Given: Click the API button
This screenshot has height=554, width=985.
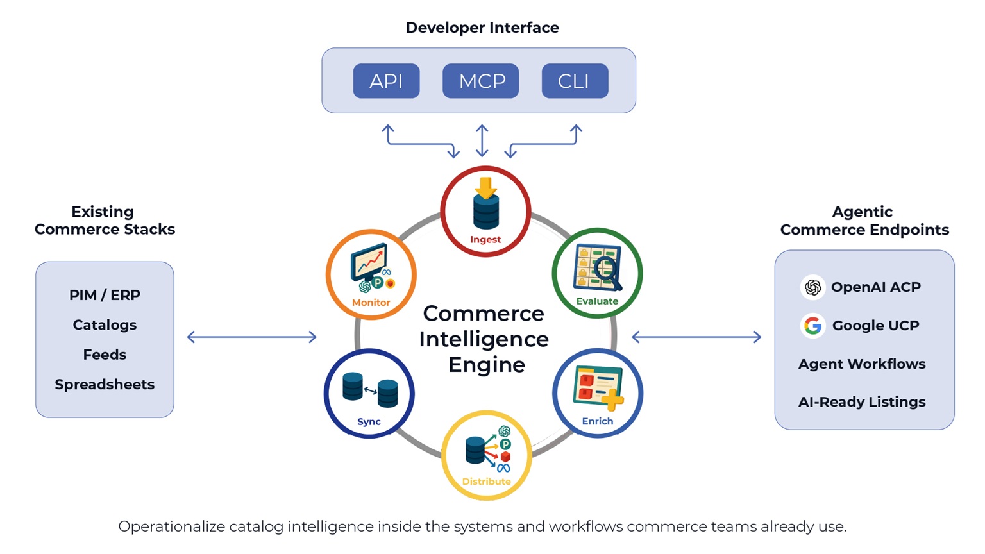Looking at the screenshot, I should point(386,81).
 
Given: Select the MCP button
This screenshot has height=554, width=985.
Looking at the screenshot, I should point(481,81).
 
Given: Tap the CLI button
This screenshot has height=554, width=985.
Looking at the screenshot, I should point(575,81).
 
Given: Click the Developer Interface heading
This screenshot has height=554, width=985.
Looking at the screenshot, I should point(482,28).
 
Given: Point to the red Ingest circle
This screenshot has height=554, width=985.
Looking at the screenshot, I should point(485,212).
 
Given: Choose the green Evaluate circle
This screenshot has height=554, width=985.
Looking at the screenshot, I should point(597,273).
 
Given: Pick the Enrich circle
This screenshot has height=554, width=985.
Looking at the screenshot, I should point(598,393).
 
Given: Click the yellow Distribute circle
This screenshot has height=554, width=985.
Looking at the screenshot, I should point(487,455).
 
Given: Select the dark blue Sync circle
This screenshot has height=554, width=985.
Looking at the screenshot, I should point(369,393).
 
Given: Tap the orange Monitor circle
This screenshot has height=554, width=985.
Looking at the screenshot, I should point(371,274).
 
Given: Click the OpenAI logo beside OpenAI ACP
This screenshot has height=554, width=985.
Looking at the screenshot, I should point(812,287).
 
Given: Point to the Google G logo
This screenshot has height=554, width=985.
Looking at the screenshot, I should point(812,326).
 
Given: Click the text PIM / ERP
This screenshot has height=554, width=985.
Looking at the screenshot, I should point(105,295).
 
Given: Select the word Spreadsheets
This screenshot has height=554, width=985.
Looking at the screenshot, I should point(105,384).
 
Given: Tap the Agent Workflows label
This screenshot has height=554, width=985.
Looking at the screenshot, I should point(862,364).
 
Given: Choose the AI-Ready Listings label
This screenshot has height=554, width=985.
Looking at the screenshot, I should point(862,402).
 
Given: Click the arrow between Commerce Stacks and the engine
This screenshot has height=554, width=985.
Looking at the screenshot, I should point(252,337).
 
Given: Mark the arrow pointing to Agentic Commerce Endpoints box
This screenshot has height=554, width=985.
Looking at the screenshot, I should point(696,337).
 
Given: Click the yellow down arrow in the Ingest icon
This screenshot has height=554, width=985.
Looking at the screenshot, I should point(486,187).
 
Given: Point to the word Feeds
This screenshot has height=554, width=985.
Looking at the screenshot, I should point(105,355).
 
